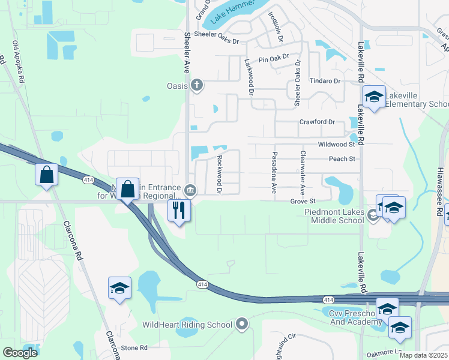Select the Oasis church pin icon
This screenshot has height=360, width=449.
pos(196,86)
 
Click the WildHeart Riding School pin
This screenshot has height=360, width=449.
pos(242,325)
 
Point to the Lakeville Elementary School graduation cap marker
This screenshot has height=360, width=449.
pos(374,97)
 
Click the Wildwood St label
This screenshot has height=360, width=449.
pos(336,145)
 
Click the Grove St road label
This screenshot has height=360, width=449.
pos(303,202)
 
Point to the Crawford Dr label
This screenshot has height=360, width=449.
pos(318,122)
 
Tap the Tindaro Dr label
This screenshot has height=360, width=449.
pos(325,81)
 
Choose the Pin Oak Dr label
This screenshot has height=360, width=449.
pos(274,59)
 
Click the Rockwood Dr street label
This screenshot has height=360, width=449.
pos(220,175)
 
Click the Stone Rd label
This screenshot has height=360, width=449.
pos(134,348)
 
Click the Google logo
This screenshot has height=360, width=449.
pos(20,353)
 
